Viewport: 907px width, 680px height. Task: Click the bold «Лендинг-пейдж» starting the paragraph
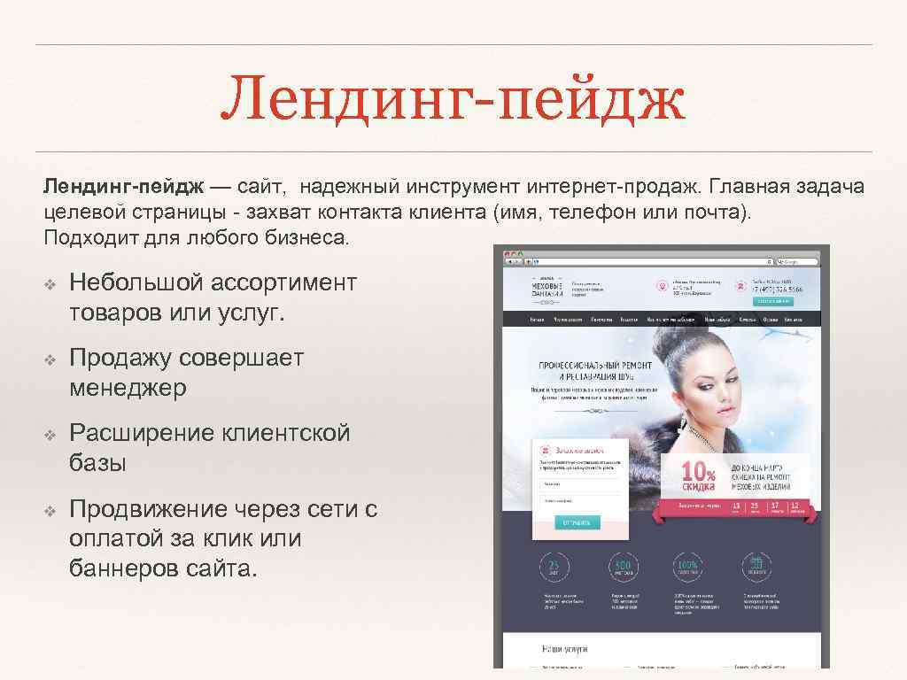point(124,188)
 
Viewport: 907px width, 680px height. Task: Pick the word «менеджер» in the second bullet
point(128,389)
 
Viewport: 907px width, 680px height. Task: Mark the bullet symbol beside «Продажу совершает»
point(50,359)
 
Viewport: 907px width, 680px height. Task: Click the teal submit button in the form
point(577,522)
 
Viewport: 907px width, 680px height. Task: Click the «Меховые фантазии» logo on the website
point(546,290)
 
